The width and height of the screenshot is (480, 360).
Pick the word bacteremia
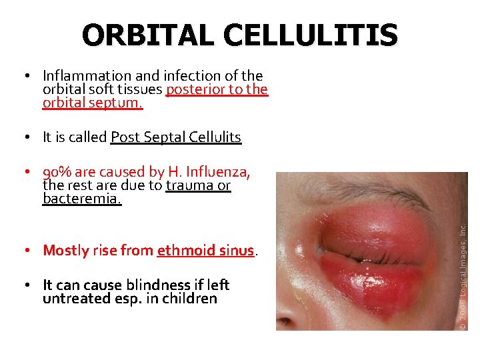pos(82,199)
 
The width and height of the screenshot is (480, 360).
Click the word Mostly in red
pos(66,251)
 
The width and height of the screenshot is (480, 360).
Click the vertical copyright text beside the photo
pos(463,273)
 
